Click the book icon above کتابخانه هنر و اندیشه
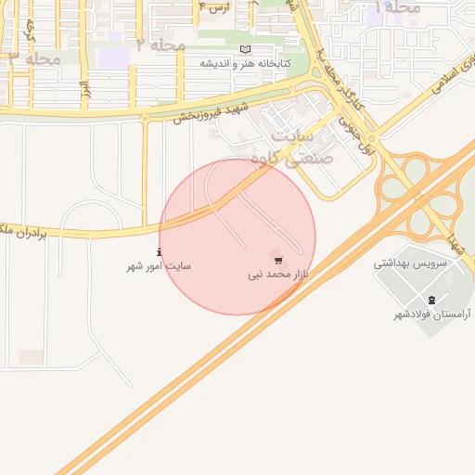[245, 49]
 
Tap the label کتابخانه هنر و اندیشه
[246, 64]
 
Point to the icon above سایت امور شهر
[159, 251]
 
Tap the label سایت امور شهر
[159, 266]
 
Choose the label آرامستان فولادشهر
[431, 315]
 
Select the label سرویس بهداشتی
[411, 263]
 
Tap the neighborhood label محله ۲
[160, 45]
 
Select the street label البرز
[84, 91]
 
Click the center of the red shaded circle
[237, 237]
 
